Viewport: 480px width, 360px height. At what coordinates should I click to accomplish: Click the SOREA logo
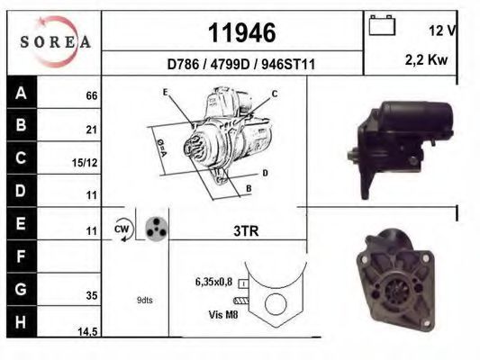point(55,41)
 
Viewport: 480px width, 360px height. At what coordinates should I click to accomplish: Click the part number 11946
point(242,32)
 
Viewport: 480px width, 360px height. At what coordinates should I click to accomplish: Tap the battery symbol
point(382,25)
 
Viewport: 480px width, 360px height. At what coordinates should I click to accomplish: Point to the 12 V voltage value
point(442,31)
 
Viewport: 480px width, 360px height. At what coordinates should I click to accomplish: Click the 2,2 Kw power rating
point(426,59)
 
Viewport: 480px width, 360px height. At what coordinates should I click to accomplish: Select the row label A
point(21,93)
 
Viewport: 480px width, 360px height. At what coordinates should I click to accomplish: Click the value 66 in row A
point(92,95)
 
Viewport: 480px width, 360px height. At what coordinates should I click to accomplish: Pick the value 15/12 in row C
point(85,163)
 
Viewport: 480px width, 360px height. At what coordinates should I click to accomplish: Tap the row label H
point(21,322)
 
